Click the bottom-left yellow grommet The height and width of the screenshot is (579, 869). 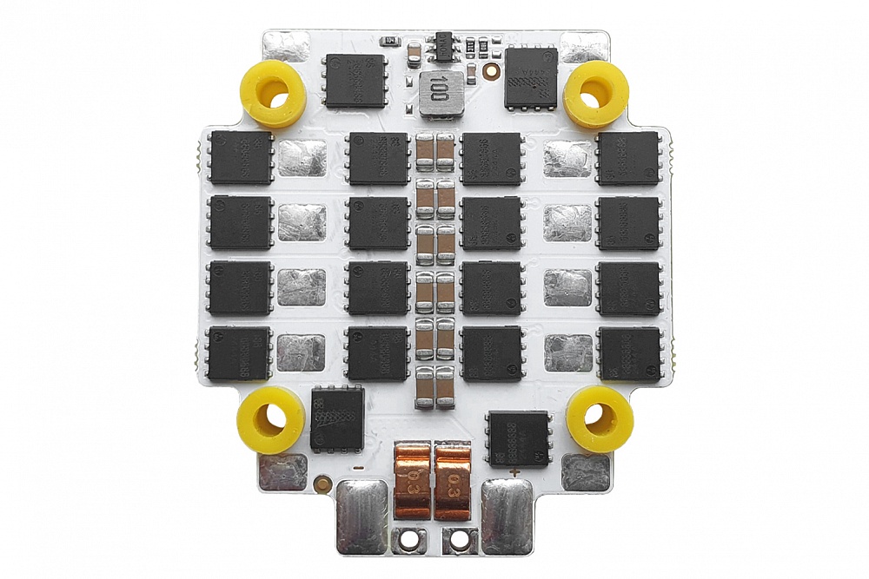[270, 420]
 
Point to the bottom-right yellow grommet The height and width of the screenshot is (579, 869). [600, 419]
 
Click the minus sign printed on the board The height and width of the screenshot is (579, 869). [357, 469]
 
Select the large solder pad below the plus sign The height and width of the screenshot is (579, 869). [507, 516]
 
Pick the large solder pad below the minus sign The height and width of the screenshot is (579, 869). [362, 516]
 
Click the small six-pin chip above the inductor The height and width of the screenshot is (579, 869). [443, 44]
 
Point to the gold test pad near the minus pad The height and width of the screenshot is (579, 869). [323, 483]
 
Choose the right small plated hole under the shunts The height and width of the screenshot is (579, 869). [457, 540]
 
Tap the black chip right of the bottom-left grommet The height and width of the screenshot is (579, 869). [337, 418]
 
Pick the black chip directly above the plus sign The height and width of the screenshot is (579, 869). [519, 438]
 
